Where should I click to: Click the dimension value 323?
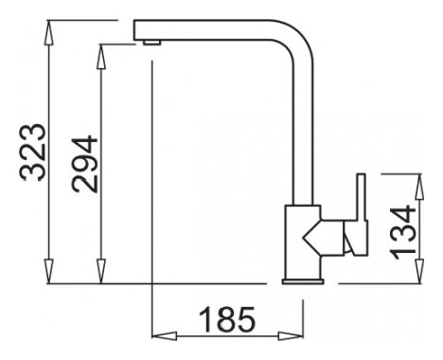pos(33,153)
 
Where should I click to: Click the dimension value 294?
pos(84,164)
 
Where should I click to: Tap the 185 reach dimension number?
pos(227,319)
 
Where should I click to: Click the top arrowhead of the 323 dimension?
pos(48,32)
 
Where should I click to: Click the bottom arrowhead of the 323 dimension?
pos(48,272)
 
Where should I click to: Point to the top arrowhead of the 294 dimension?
pos(100,56)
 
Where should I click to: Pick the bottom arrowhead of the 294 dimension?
pos(100,272)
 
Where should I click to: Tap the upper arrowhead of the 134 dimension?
pos(419,187)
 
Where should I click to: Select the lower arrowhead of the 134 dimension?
pos(419,271)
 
